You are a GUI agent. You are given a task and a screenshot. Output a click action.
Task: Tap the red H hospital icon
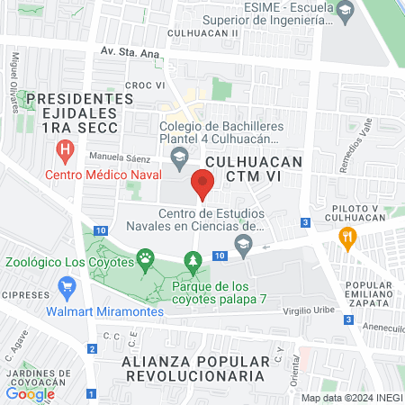click(64, 149)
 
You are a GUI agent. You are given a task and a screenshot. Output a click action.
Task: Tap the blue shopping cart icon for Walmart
click(65, 288)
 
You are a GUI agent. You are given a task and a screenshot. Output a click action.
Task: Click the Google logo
click(31, 393)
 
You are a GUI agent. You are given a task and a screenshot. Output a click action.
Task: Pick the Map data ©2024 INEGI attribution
click(349, 398)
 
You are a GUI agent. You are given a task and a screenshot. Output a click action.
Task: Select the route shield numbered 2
click(92, 349)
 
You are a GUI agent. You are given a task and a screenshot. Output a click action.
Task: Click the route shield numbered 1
click(92, 393)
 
